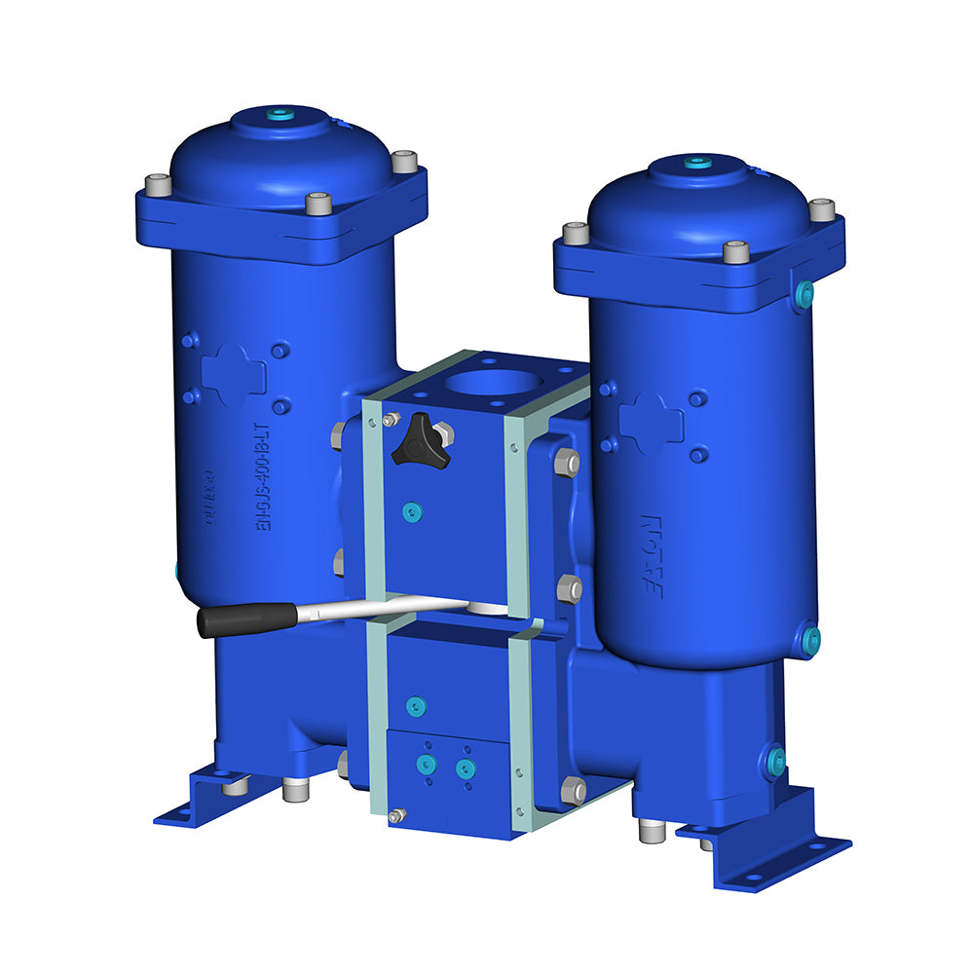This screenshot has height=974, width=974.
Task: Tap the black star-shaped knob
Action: pos(420,440)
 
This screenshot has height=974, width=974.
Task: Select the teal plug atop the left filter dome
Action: pos(281,114)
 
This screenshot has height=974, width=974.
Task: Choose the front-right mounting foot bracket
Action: pos(769,843)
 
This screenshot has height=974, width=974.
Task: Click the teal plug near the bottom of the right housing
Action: pos(809,639)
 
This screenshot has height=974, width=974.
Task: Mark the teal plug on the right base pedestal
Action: pos(775,762)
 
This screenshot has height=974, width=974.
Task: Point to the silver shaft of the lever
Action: pos(390,610)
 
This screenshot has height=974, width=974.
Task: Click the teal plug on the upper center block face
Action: pos(412,510)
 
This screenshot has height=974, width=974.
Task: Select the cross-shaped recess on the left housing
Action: pos(234,374)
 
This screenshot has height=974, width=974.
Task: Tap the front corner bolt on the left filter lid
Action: pos(318,204)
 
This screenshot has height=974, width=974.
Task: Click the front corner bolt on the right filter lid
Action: pos(736,252)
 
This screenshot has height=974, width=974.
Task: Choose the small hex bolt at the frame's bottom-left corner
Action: pos(395,816)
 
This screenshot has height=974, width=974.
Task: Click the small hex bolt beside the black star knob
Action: pos(391,420)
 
